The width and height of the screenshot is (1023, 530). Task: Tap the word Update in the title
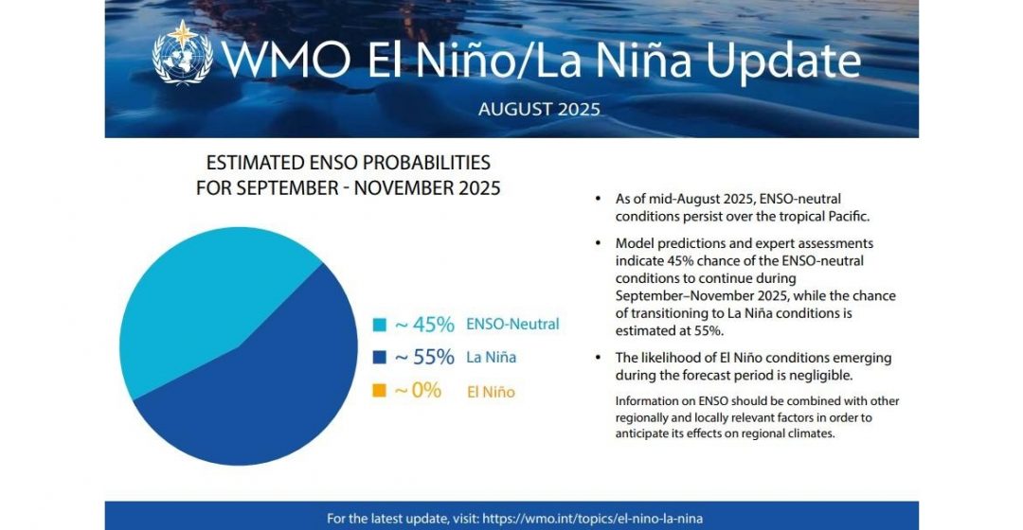[x=783, y=61]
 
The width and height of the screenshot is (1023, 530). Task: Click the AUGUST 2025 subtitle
[x=539, y=108]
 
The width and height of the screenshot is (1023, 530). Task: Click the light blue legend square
[x=379, y=325]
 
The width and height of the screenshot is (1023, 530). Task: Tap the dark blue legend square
[x=379, y=357]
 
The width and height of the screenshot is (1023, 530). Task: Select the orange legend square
[x=379, y=391]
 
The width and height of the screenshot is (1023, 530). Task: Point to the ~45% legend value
[x=424, y=324]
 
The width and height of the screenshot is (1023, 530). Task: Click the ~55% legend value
[x=424, y=357]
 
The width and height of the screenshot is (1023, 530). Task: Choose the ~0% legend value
[x=419, y=391]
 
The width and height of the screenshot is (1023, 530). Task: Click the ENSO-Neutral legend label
[x=512, y=324]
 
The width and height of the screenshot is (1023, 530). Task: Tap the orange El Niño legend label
[x=492, y=392]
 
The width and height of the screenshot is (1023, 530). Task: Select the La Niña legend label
[x=492, y=357]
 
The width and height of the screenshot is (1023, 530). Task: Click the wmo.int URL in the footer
[x=593, y=519]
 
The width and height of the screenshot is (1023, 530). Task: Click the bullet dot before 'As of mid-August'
[x=599, y=198]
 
